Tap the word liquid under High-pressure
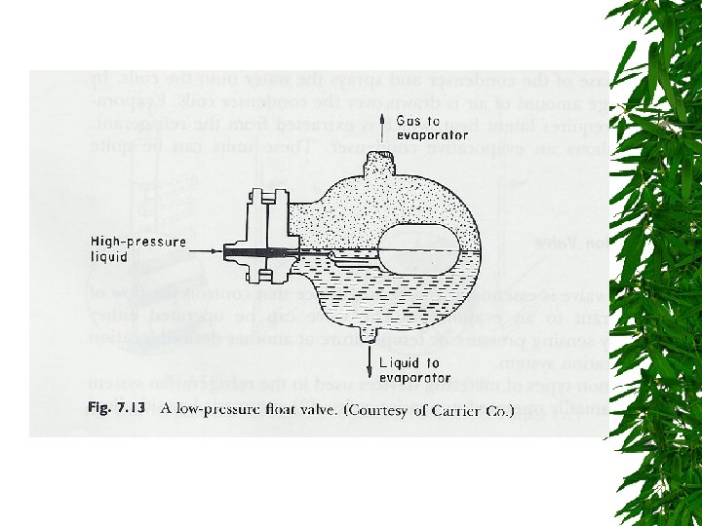click(109, 258)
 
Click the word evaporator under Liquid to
click(415, 377)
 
